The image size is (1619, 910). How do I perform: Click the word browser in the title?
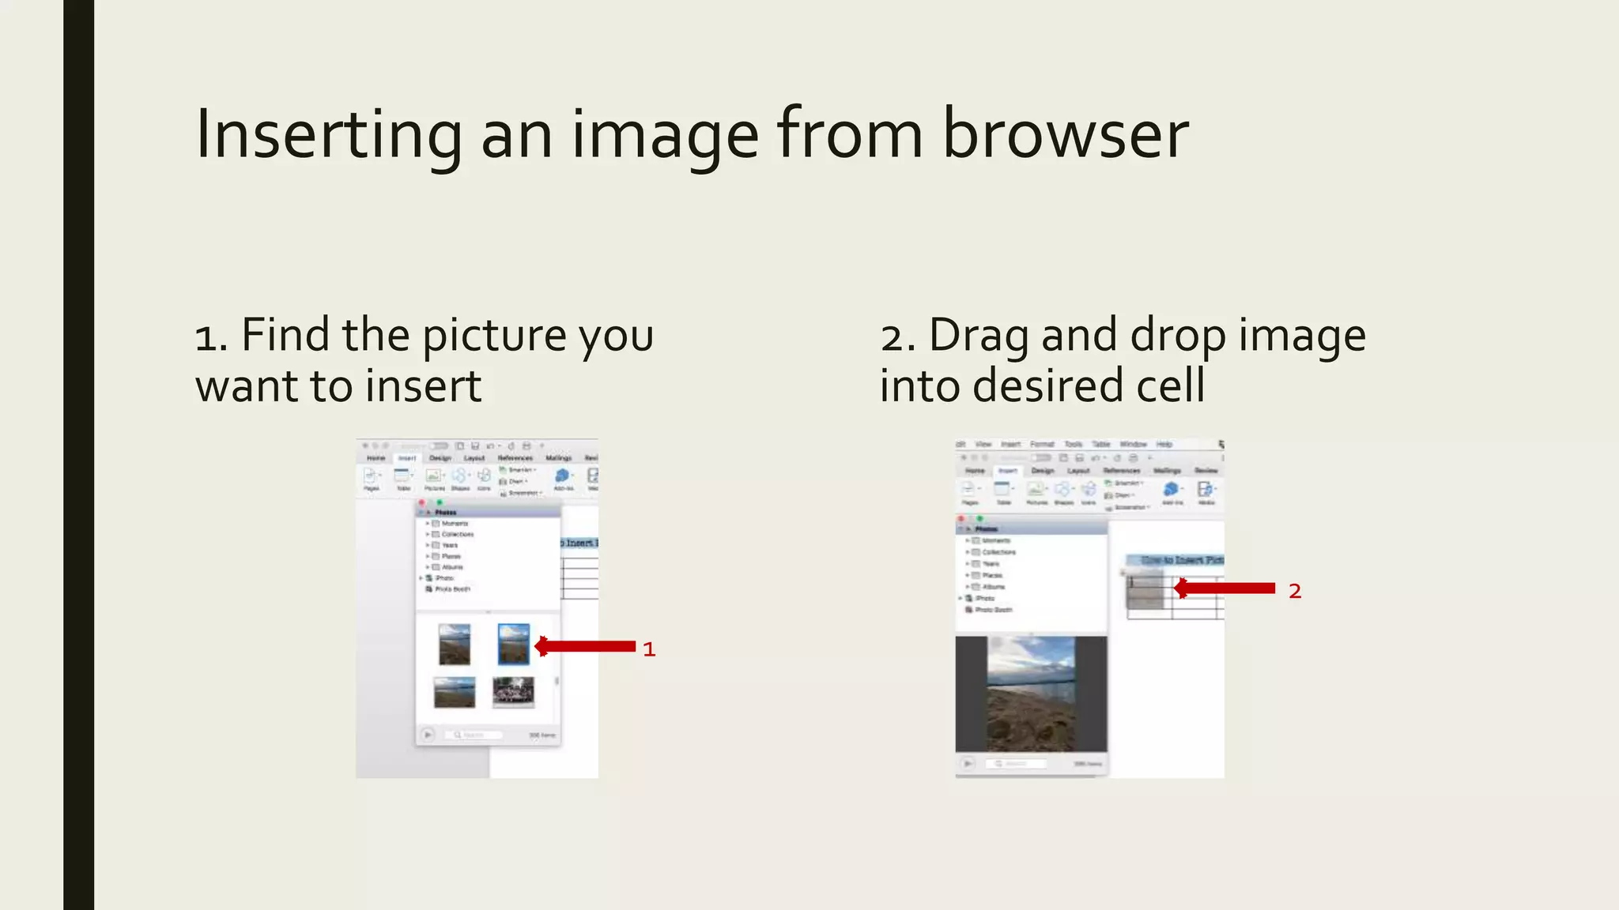1065,134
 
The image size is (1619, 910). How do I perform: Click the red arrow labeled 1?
585,646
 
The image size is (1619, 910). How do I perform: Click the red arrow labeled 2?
1225,588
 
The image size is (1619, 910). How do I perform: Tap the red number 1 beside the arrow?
649,649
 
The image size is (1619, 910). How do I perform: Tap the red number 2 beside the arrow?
1295,591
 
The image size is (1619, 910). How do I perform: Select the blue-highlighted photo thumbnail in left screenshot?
514,644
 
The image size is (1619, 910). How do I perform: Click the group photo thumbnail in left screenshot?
513,692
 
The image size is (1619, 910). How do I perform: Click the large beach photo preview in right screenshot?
1031,694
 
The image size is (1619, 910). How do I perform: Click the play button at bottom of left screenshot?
428,735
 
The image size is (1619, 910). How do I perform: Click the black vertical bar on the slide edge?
78,455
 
